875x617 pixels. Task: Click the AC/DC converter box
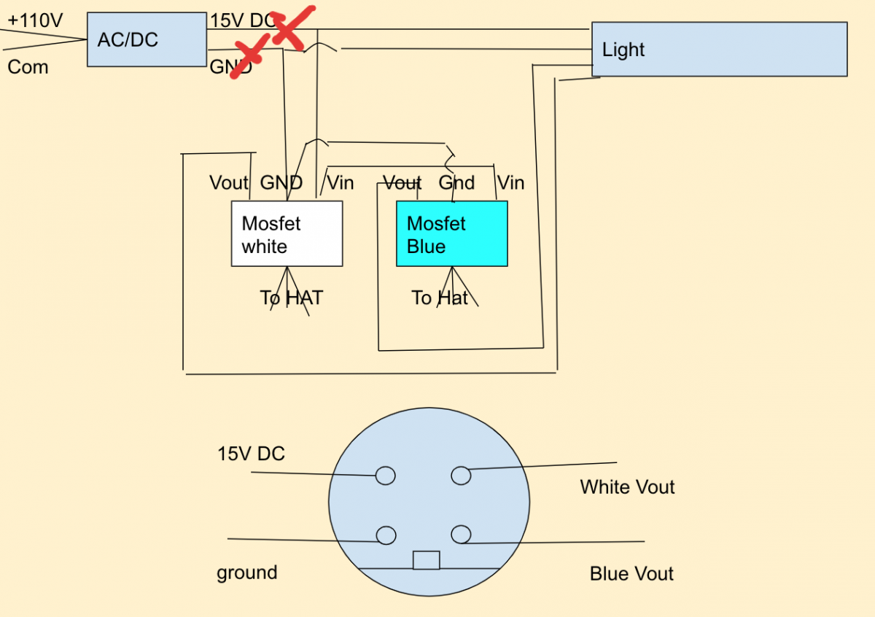click(x=147, y=39)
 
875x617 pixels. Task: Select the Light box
click(x=720, y=50)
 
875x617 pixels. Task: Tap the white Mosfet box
click(x=287, y=233)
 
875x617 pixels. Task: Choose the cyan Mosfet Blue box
click(x=452, y=233)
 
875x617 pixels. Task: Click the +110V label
click(x=35, y=20)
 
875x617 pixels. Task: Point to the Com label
click(x=28, y=67)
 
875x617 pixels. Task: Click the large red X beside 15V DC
click(x=292, y=28)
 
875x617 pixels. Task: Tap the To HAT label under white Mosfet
click(x=292, y=298)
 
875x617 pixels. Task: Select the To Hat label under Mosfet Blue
click(x=440, y=298)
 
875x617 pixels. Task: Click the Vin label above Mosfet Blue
click(x=511, y=183)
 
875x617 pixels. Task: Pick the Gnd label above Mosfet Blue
click(x=456, y=183)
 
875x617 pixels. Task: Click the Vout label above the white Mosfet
click(x=228, y=183)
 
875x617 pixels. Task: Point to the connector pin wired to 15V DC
click(x=385, y=476)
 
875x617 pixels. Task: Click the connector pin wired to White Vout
click(x=461, y=476)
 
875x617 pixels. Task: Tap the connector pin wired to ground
click(x=386, y=535)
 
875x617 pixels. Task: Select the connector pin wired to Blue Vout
click(x=461, y=535)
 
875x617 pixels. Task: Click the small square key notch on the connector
click(x=426, y=560)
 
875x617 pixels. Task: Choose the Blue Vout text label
click(x=631, y=574)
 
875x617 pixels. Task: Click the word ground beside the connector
click(x=247, y=573)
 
